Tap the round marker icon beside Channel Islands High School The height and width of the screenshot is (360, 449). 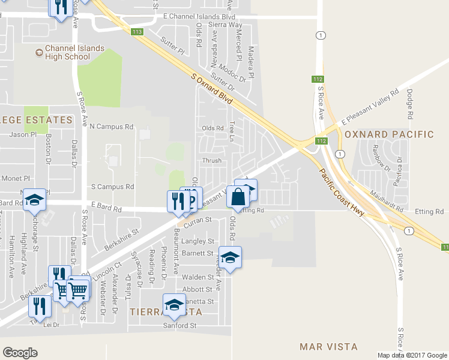coord(39,53)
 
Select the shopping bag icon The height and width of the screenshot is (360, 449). coord(238,197)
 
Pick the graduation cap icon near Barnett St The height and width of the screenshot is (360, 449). coord(229,257)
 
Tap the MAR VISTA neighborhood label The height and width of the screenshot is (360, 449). coord(328,347)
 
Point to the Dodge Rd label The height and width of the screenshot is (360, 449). coord(410,103)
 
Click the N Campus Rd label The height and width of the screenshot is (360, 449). coord(111,127)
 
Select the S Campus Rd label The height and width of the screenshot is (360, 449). coord(112,187)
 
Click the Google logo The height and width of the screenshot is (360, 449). coord(20,353)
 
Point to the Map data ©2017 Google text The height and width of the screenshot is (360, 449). coord(411,355)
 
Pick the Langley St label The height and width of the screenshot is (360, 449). coord(197,241)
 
